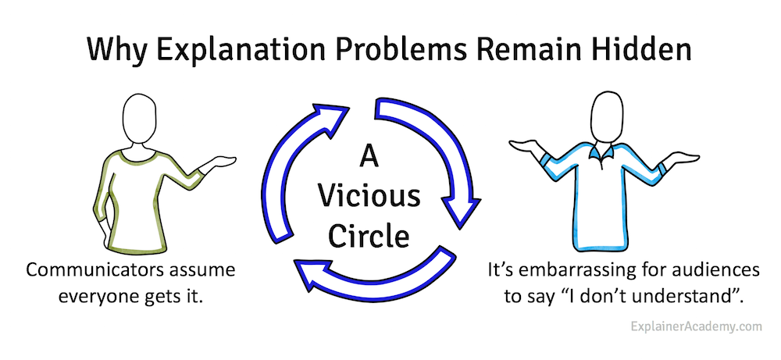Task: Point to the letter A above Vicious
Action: pos(369,159)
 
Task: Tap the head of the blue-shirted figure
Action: pos(607,116)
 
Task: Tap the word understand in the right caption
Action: pos(681,298)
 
